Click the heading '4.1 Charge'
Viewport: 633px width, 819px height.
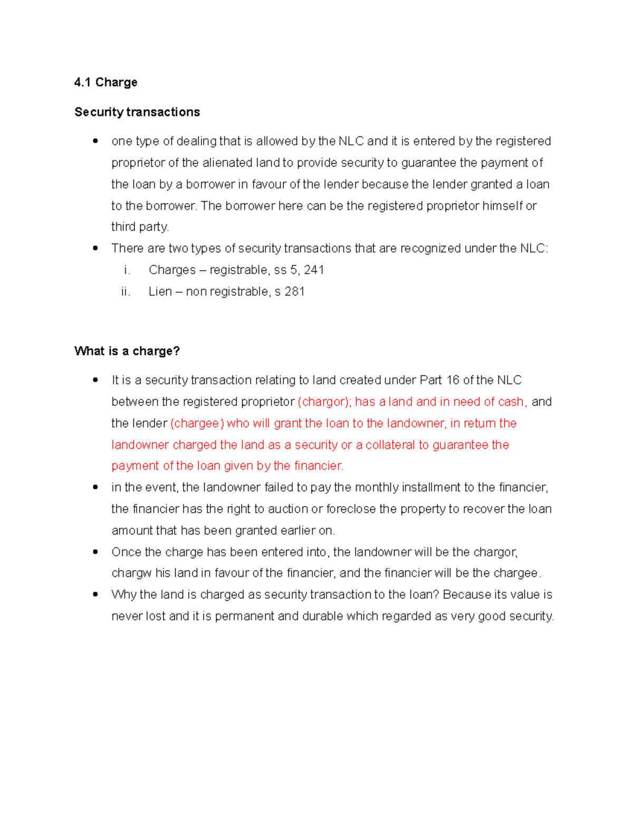[x=105, y=82]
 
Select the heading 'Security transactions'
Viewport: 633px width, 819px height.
[x=137, y=112]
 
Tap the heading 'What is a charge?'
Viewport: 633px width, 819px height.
[x=127, y=351]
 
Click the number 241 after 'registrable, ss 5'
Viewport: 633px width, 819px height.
[x=314, y=270]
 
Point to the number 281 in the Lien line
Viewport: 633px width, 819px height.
[x=295, y=292]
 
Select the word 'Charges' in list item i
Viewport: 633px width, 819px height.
[x=172, y=270]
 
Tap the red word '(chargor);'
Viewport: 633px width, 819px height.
[x=324, y=402]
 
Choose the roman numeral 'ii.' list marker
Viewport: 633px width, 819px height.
[x=125, y=292]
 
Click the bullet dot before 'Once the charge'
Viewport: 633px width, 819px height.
[x=95, y=552]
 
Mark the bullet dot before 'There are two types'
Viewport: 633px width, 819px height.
[x=95, y=248]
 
